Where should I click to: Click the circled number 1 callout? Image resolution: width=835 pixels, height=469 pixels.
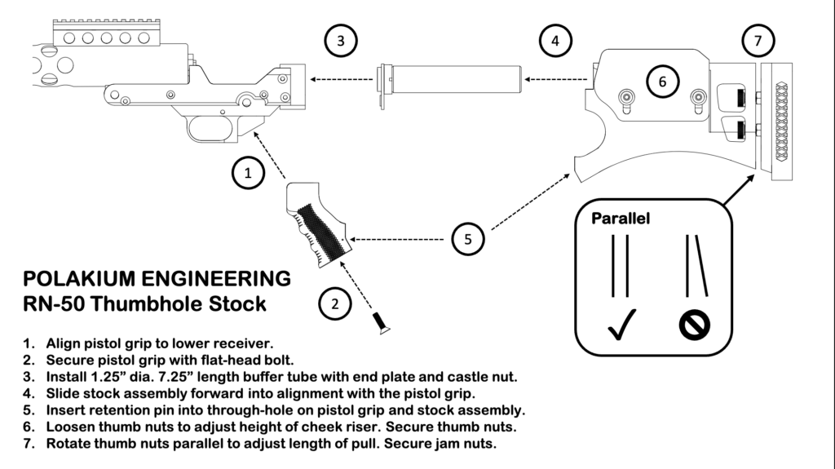[248, 173]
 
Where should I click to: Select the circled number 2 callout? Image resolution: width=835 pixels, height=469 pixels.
[334, 303]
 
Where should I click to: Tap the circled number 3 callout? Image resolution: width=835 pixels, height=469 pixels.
[341, 40]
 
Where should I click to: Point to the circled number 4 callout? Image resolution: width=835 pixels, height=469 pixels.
[555, 40]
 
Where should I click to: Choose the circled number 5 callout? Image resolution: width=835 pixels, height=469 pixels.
[468, 239]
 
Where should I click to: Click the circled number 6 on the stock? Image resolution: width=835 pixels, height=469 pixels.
[662, 81]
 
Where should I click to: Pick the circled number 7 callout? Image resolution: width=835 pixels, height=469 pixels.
[758, 40]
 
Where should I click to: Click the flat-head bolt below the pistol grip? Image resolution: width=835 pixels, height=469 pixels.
[379, 323]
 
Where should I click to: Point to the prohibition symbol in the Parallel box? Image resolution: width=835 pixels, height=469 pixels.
[695, 326]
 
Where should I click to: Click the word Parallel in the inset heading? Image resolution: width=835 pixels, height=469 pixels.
[621, 219]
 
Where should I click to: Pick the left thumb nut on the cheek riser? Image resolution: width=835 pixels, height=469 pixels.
[626, 98]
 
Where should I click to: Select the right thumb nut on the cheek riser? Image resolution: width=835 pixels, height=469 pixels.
[697, 98]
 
